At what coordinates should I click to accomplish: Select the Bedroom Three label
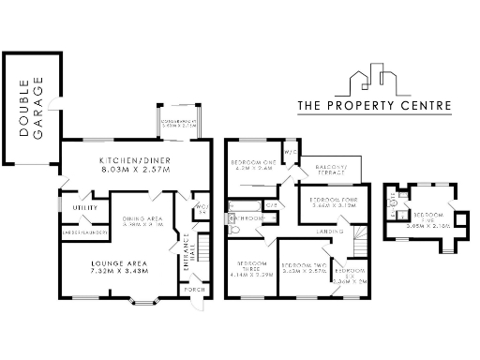(250, 267)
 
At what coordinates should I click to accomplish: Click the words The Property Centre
(374, 106)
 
